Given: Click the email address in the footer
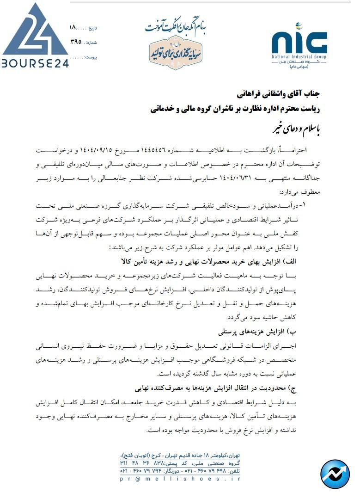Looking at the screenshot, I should (180, 480).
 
